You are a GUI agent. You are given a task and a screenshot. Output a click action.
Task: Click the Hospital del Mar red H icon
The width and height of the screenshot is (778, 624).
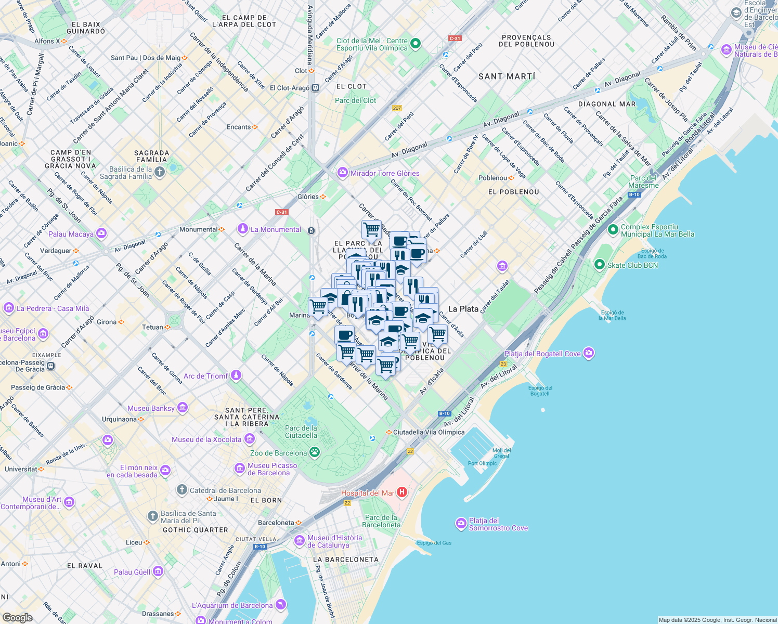401,492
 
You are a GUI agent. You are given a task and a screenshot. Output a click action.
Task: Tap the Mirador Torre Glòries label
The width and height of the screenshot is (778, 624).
385,173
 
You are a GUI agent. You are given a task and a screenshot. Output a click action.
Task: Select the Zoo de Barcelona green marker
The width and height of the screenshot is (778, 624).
315,452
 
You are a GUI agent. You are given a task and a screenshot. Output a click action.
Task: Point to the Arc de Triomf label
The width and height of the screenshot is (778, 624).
206,376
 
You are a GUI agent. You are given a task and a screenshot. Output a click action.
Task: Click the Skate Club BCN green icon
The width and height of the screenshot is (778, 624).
600,265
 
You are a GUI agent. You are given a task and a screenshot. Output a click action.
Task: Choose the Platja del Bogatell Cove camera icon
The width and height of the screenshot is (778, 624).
588,353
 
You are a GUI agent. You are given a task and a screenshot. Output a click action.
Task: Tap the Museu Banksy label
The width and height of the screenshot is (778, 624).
151,408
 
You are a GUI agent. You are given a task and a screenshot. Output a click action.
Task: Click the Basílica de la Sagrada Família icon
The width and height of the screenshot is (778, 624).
160,173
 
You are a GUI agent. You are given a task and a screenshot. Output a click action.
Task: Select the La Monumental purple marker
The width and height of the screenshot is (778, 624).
242,229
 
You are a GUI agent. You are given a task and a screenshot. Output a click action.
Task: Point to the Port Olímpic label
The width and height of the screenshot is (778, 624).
482,463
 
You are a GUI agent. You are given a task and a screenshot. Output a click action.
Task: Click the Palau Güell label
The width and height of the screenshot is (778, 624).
132,572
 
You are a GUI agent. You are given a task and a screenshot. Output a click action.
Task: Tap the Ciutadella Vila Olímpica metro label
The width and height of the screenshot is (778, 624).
429,432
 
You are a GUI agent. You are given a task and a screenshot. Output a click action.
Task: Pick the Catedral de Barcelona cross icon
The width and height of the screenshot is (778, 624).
181,490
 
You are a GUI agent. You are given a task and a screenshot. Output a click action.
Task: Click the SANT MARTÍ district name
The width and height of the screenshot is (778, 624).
507,76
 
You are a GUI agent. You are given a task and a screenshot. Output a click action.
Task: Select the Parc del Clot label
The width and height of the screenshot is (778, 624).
355,100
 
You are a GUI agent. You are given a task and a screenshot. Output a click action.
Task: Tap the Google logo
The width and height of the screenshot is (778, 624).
17,617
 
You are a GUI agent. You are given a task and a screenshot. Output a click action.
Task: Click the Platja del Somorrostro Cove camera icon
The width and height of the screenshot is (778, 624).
461,523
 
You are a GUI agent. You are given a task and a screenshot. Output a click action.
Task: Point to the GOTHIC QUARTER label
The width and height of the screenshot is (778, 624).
196,530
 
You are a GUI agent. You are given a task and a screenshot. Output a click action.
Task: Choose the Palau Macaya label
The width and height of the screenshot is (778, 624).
71,234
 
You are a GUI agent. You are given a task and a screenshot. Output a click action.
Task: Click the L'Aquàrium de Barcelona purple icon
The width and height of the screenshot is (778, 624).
281,605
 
